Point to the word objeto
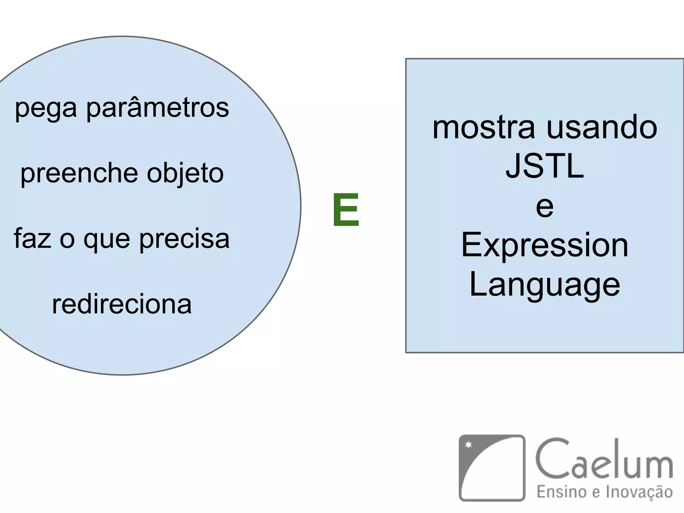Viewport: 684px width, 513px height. click(185, 174)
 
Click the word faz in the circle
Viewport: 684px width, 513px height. click(32, 238)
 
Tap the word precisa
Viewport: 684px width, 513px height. click(184, 239)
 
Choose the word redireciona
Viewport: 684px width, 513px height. click(122, 304)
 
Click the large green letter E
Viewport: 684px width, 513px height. click(346, 210)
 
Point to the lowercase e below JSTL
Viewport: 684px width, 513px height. click(544, 207)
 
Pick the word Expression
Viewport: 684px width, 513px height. click(544, 246)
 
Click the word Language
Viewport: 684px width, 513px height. click(544, 285)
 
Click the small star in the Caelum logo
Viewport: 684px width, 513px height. click(469, 445)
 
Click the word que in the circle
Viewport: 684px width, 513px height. click(107, 240)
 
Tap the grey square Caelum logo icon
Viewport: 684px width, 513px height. click(492, 468)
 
